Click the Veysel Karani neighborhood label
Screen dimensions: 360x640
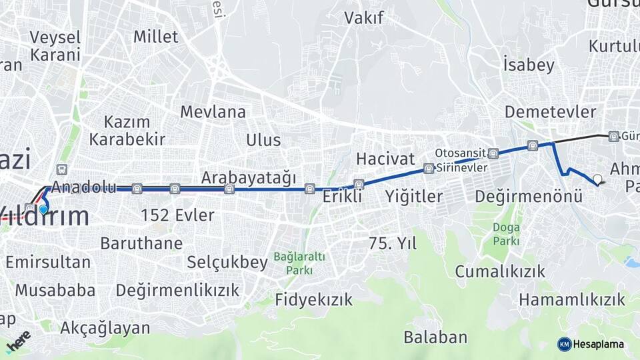(x=55, y=46)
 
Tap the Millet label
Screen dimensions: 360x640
(x=155, y=36)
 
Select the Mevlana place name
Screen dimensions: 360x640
(x=213, y=112)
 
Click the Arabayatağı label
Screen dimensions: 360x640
(x=248, y=178)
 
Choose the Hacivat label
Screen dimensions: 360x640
(x=385, y=159)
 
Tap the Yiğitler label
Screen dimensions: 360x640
(x=413, y=197)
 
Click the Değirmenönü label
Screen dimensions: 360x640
(x=529, y=197)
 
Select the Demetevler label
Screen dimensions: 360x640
(x=550, y=111)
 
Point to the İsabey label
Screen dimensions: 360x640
(x=529, y=65)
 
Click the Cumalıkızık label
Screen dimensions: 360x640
(x=500, y=271)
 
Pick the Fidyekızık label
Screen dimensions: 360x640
(x=313, y=300)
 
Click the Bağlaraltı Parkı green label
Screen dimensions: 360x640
(x=299, y=263)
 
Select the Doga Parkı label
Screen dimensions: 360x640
(x=506, y=234)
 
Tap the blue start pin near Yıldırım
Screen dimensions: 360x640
(x=43, y=209)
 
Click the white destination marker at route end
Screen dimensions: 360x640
(x=597, y=179)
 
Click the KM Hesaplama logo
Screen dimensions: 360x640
(x=591, y=344)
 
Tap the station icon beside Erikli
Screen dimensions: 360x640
(x=359, y=184)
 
